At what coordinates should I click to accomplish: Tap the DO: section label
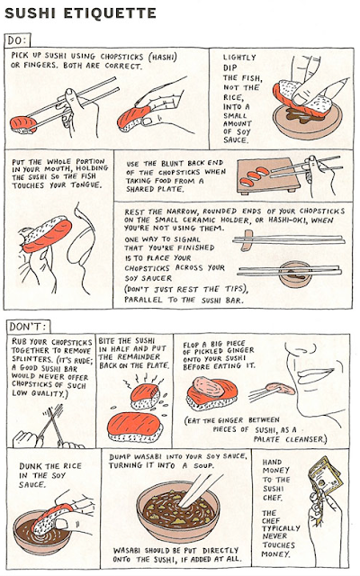click(17, 40)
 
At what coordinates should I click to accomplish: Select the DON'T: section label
click(28, 326)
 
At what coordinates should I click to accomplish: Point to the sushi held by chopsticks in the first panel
click(22, 124)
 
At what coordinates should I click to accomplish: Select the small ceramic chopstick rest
click(247, 240)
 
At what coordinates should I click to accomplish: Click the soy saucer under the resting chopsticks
click(294, 274)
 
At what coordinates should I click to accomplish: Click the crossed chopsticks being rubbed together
click(51, 422)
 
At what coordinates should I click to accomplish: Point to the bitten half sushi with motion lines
click(145, 396)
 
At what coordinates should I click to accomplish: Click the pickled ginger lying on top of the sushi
click(208, 388)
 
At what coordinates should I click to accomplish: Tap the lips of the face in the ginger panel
click(314, 375)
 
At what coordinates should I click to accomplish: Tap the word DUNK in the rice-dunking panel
click(31, 466)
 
